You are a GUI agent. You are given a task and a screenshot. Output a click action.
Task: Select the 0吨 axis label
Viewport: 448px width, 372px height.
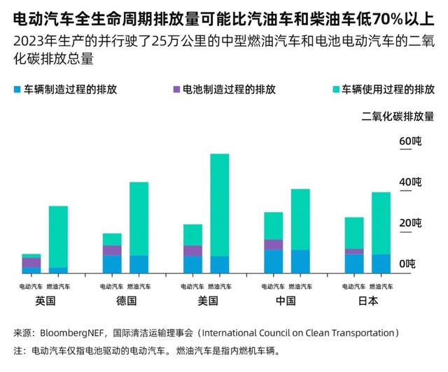(407, 264)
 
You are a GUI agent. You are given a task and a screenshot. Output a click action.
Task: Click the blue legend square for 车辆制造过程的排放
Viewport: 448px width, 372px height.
(17, 90)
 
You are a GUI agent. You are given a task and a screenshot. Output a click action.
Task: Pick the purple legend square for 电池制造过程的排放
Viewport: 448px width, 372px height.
(175, 90)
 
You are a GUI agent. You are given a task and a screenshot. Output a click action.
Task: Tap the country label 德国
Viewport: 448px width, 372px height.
(125, 301)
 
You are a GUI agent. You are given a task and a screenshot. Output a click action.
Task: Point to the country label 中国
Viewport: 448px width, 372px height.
(287, 301)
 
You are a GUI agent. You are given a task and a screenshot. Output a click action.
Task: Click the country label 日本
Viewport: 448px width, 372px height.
(367, 301)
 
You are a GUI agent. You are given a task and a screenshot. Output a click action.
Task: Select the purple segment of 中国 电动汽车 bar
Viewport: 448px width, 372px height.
(273, 244)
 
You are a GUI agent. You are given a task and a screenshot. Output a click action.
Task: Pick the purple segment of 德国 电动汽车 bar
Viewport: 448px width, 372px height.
(112, 250)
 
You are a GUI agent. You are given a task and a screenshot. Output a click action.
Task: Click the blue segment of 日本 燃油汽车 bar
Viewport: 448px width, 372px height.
(381, 263)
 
